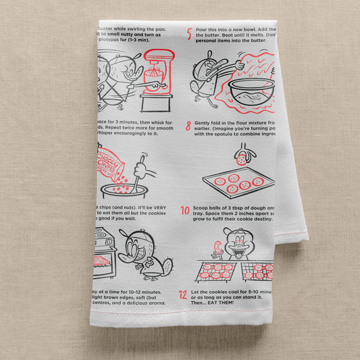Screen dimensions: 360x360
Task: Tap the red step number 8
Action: pos(188,125)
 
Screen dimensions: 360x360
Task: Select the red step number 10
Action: pos(184,211)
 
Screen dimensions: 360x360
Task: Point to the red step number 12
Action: pos(183,294)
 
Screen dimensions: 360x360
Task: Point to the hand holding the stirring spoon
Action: pos(140,163)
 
